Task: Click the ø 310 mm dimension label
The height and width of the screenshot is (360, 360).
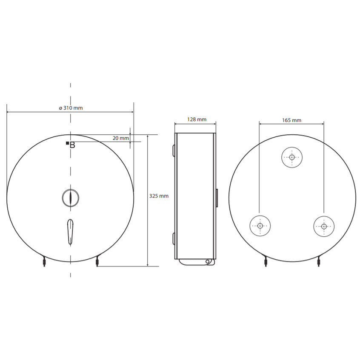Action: [x=71, y=108]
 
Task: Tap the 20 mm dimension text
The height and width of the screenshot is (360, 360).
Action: [x=121, y=138]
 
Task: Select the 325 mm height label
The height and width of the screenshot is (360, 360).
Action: [x=159, y=196]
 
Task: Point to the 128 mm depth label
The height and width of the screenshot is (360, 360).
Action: [x=197, y=119]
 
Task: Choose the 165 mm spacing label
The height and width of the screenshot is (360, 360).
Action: [x=292, y=120]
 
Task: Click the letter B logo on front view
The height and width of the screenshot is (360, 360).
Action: [x=72, y=145]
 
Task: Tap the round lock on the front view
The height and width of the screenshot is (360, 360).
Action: [x=71, y=198]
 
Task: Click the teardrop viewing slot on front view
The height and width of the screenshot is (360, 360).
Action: [x=70, y=232]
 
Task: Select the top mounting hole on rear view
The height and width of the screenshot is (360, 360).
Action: [x=292, y=158]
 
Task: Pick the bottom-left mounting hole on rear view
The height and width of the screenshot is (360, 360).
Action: [x=260, y=226]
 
